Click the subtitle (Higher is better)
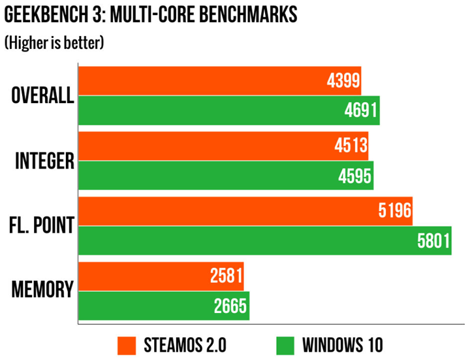(54, 43)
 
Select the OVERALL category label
(42, 96)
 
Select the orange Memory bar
(144, 276)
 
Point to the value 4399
(341, 81)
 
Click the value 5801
(433, 241)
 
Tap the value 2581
(226, 276)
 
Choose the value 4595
(354, 176)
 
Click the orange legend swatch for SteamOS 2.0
(127, 345)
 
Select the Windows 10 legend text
(342, 345)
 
